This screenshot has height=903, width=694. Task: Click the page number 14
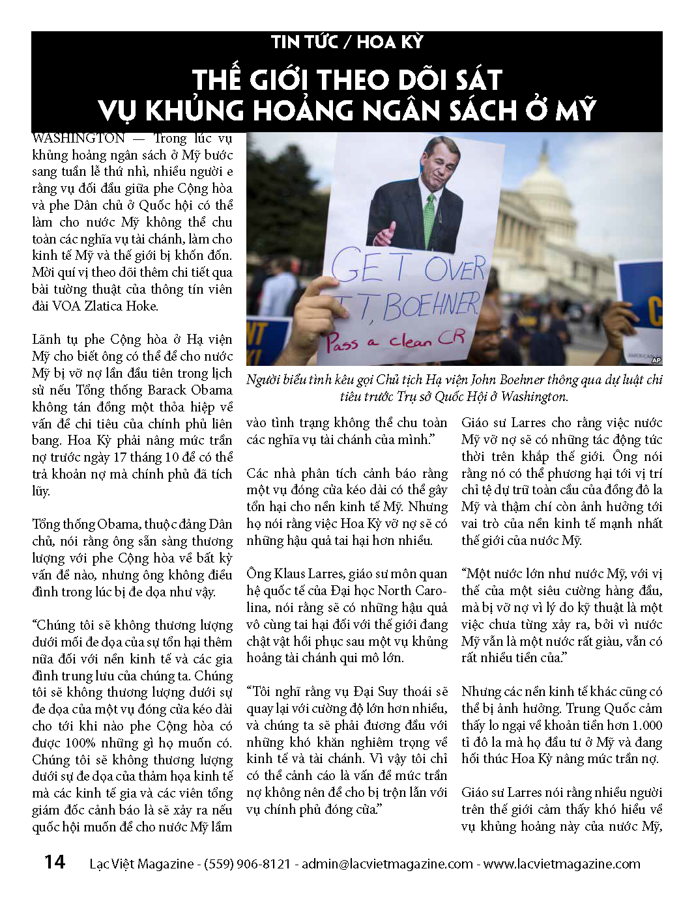click(x=55, y=862)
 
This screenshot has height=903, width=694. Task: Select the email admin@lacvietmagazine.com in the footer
click(x=387, y=864)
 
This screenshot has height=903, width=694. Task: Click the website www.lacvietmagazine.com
click(x=562, y=864)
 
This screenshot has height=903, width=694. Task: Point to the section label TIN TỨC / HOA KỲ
click(x=347, y=42)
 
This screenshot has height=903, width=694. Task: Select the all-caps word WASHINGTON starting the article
click(x=78, y=139)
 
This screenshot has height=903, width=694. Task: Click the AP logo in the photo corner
click(x=655, y=359)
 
